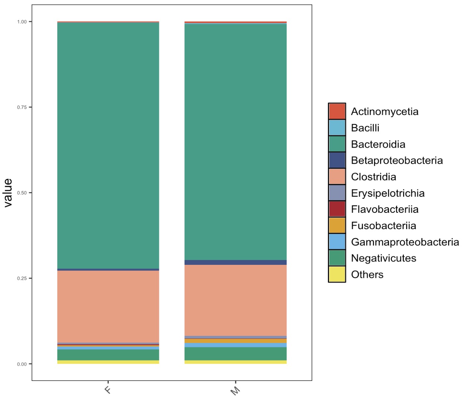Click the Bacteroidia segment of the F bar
coord(108,145)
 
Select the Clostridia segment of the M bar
coord(235,300)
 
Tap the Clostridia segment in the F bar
coord(108,306)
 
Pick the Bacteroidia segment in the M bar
coord(235,141)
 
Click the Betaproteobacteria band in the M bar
coord(235,262)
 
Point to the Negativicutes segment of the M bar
coord(235,354)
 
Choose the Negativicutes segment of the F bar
coord(108,355)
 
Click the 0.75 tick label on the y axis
coord(22,107)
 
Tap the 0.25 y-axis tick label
coord(22,279)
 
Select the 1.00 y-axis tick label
coord(22,22)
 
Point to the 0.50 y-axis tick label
coord(22,193)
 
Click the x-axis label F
coord(108,390)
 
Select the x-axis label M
coord(235,391)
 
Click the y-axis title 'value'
coord(8,193)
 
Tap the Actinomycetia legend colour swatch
coord(337,111)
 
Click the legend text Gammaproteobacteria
coord(405,242)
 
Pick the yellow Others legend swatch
coord(337,274)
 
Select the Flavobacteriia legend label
coord(384,209)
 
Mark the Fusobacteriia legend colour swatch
coord(337,225)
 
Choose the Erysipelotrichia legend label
coord(387,193)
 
